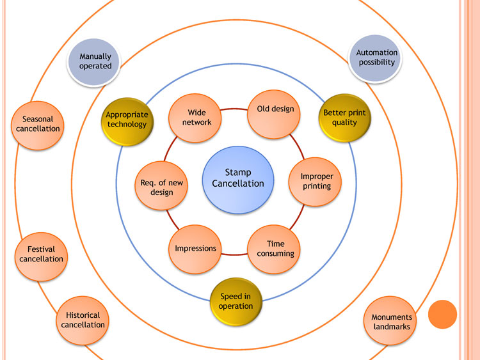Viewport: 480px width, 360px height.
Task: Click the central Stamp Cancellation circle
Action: [238, 178]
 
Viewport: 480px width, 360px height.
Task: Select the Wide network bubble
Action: [196, 118]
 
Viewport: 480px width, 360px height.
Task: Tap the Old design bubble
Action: [275, 113]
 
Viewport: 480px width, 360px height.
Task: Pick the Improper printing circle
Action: [317, 182]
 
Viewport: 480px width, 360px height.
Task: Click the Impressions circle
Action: [196, 248]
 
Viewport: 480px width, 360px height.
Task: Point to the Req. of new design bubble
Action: [161, 187]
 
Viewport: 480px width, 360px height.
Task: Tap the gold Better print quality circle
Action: [344, 118]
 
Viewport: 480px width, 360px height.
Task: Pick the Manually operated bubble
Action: [95, 61]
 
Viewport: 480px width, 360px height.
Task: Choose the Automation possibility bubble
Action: [377, 58]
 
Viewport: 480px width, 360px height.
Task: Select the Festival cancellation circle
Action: [41, 254]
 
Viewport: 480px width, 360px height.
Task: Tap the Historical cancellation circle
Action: [83, 320]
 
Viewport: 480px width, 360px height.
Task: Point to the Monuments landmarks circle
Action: [392, 322]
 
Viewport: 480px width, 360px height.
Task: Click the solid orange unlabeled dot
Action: [442, 315]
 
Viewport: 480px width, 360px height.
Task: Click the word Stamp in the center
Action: [238, 172]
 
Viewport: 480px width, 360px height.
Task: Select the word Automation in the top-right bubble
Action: [377, 52]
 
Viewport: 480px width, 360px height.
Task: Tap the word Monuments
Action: [392, 317]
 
